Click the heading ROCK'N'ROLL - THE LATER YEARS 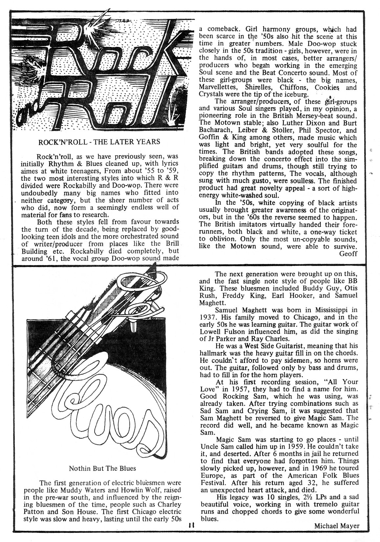coord(99,142)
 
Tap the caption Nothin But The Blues coord(102,468)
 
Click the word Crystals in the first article coord(212,95)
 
